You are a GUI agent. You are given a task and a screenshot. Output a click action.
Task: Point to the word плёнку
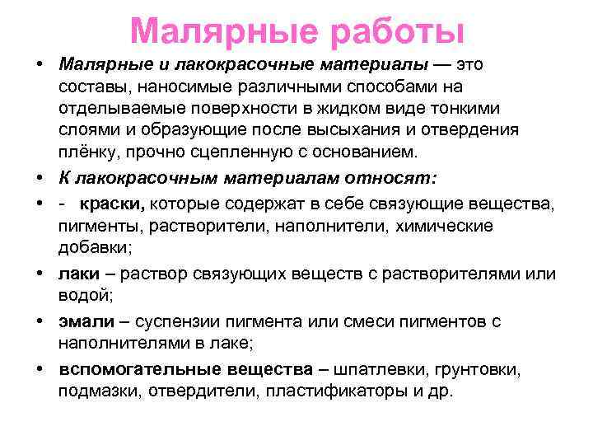point(86,152)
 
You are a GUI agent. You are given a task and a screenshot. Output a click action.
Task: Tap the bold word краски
point(114,203)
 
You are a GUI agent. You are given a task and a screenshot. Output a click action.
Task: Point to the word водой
point(83,295)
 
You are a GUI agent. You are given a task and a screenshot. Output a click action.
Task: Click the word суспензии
point(179,321)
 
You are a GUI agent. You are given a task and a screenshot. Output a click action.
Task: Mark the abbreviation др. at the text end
point(441,391)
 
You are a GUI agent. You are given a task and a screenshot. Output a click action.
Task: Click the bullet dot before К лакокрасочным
point(40,179)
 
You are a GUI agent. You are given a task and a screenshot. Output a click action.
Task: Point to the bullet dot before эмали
point(40,321)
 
